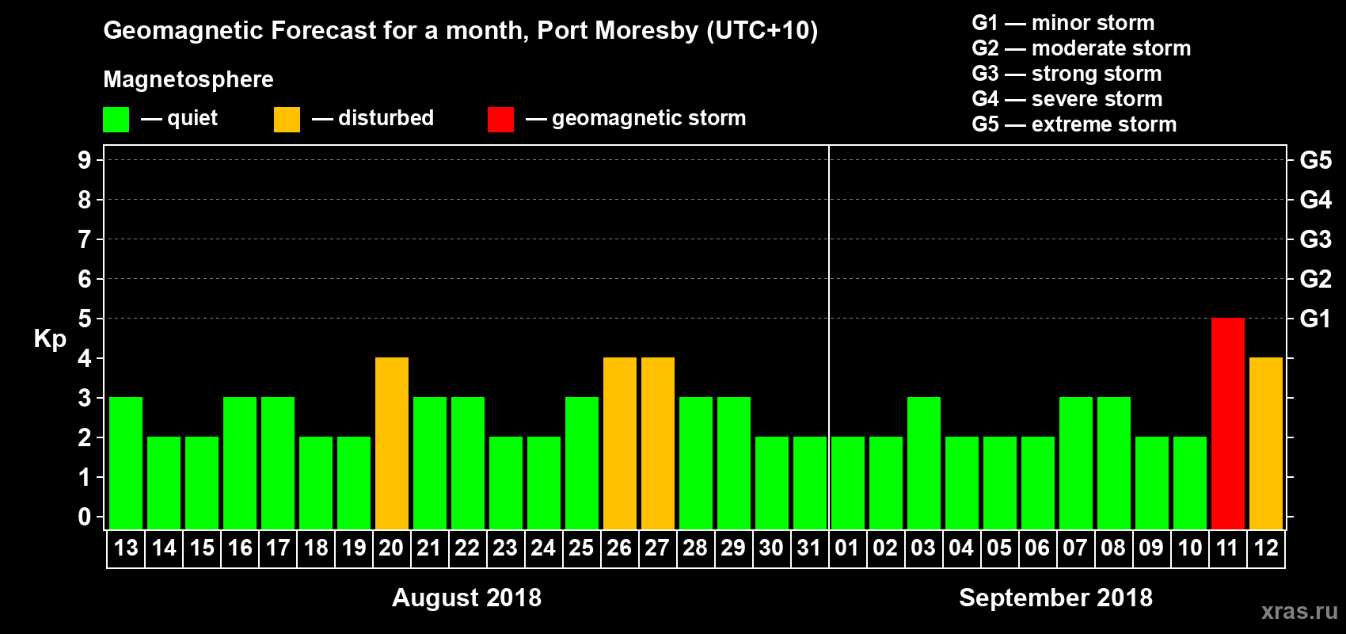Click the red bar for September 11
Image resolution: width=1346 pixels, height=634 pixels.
click(1227, 423)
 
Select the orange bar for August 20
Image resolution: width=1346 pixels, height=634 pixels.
click(392, 443)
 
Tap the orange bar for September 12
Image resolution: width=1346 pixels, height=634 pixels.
click(1265, 443)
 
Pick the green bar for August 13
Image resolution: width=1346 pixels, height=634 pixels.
click(126, 463)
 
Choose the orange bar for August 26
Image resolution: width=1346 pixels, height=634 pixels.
click(620, 443)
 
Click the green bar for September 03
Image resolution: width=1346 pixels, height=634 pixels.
click(923, 463)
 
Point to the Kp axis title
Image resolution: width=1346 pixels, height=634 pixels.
click(50, 338)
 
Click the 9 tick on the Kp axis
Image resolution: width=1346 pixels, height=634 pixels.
click(85, 160)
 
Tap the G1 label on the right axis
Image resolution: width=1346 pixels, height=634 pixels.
click(1315, 319)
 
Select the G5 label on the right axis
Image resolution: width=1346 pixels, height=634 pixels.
click(1315, 160)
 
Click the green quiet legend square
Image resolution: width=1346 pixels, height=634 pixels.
click(116, 120)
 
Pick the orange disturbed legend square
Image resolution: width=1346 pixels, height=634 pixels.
click(287, 120)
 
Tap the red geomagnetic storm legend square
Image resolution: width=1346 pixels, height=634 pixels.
click(500, 120)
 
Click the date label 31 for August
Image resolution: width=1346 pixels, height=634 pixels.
click(809, 548)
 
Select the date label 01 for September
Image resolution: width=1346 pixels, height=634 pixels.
click(847, 548)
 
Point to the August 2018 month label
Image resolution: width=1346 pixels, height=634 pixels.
click(466, 598)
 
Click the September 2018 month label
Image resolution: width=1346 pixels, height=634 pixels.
click(1055, 598)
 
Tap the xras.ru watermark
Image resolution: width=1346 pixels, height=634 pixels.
click(1299, 611)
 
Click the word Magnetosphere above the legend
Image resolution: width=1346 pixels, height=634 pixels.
click(188, 79)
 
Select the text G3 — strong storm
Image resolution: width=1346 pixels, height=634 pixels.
click(1067, 74)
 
